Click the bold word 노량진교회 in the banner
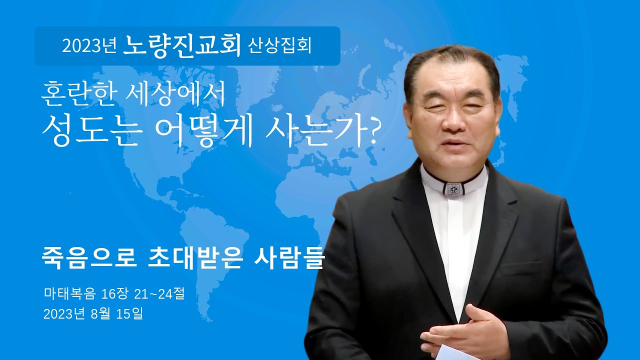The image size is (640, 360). pos(182,45)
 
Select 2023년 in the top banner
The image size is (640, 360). pos(89,46)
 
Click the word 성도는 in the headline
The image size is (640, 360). pos(90,131)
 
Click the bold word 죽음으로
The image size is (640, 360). pos(89,259)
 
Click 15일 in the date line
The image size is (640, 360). pos(129,314)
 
